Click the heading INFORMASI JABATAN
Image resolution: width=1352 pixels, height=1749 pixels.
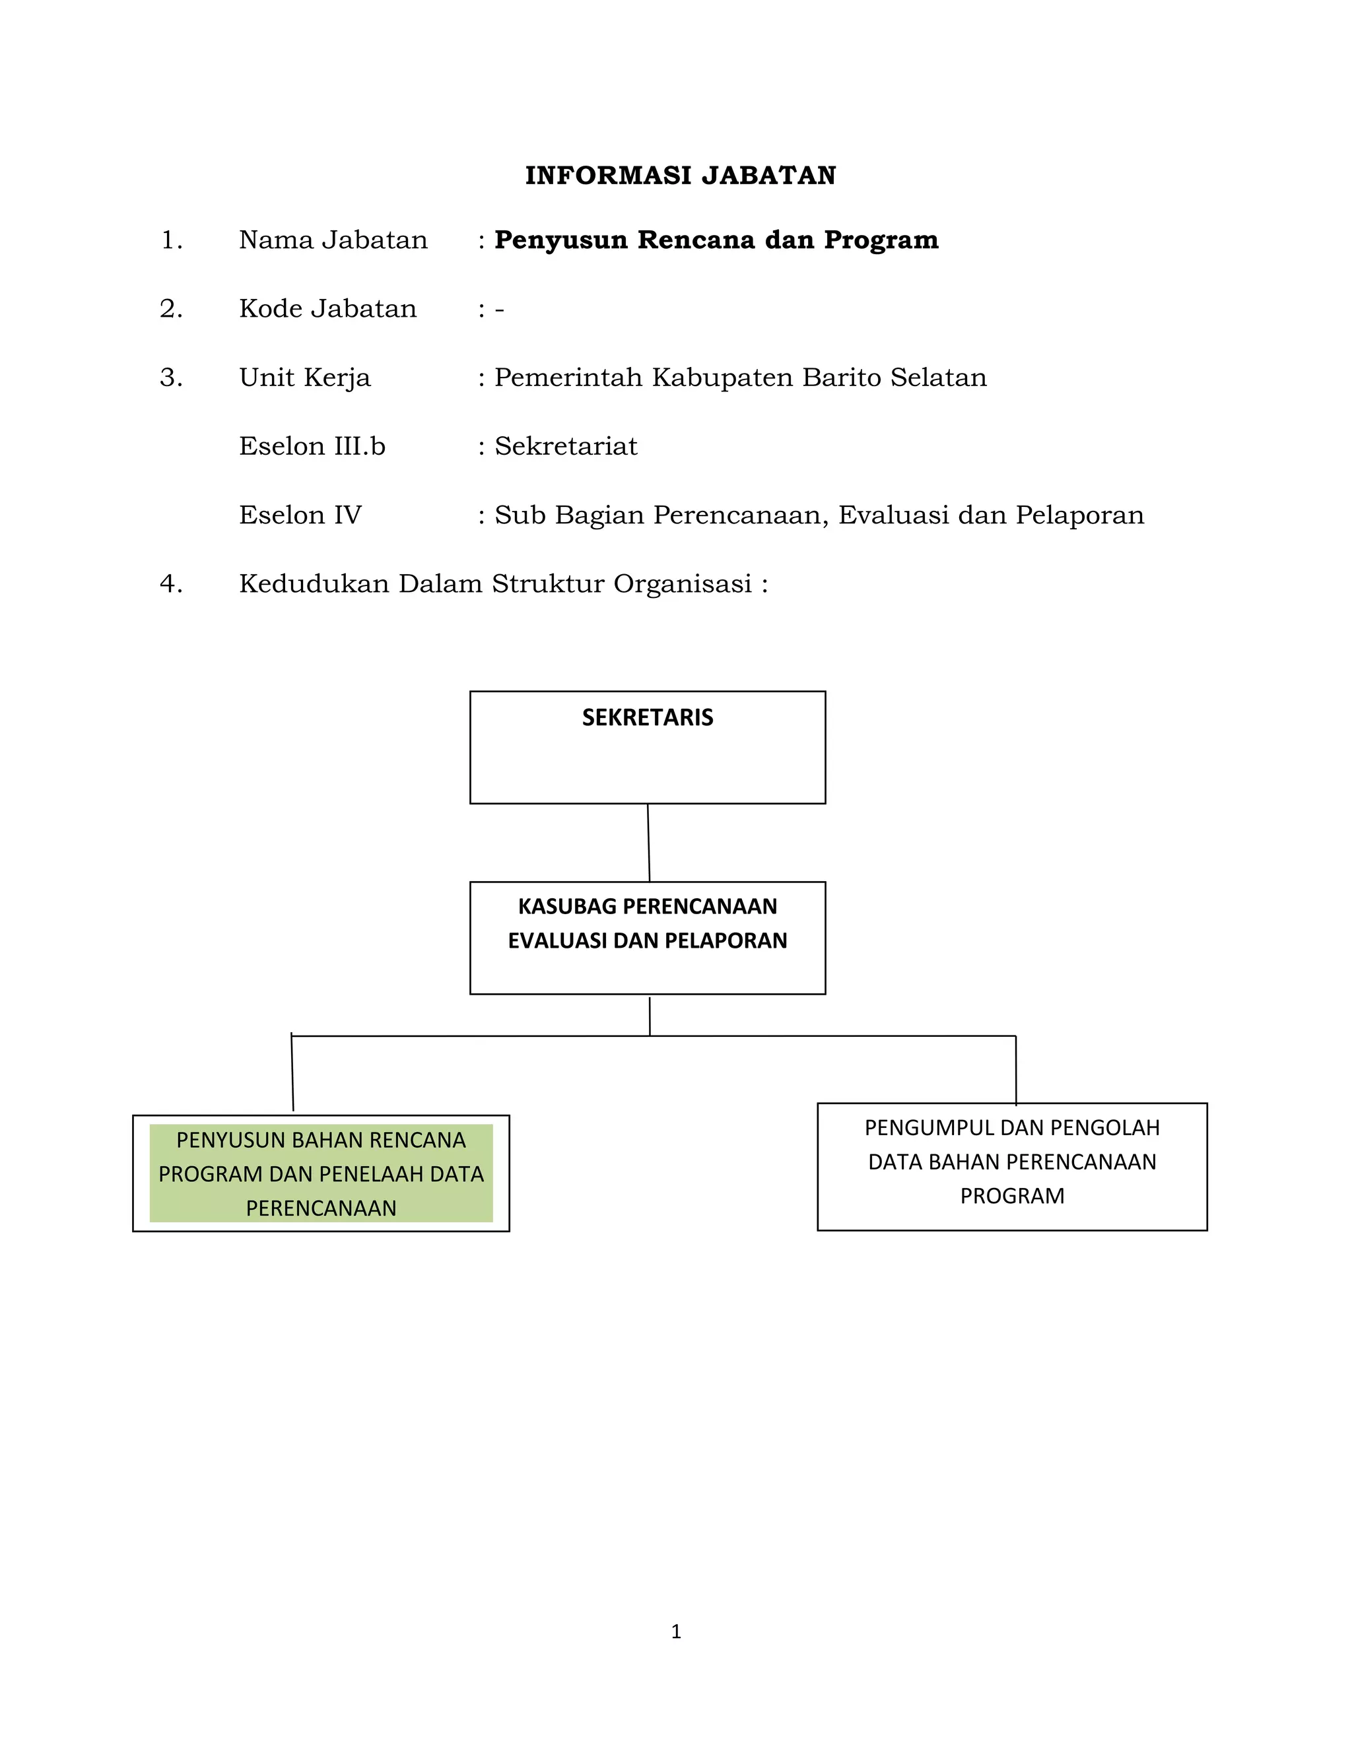tap(680, 176)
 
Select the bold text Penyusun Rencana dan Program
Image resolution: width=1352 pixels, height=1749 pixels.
tap(716, 240)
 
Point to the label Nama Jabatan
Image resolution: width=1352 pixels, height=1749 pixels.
tap(333, 240)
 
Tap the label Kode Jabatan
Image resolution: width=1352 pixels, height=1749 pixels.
tap(327, 308)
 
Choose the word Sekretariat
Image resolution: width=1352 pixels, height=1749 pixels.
tap(566, 446)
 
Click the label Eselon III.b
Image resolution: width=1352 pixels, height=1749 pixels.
tap(312, 446)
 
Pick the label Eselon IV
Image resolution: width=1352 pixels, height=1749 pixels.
tap(300, 515)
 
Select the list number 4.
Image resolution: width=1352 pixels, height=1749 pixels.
tap(170, 584)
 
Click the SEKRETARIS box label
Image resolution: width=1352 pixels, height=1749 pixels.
tap(647, 717)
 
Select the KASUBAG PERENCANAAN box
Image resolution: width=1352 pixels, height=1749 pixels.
tap(647, 938)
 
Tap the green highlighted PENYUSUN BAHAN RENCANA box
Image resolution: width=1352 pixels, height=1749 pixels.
tap(321, 1173)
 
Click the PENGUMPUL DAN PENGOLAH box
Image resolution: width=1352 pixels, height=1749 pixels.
tap(1011, 1166)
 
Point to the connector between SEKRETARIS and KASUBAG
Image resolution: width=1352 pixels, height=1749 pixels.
tap(649, 842)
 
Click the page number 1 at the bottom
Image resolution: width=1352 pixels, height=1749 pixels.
tap(676, 1632)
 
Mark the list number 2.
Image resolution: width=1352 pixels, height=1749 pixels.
tap(170, 308)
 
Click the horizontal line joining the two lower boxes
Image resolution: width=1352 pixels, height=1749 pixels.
tap(481, 1036)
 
